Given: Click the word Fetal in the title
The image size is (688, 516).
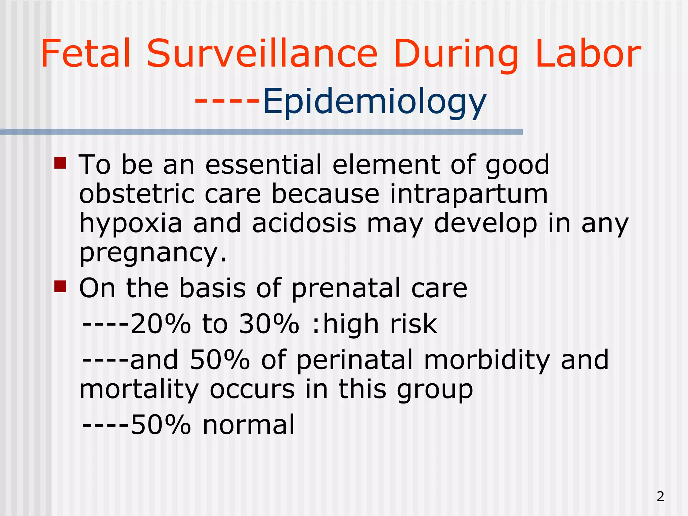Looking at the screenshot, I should click(85, 54).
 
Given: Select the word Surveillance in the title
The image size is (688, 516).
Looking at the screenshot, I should click(262, 54).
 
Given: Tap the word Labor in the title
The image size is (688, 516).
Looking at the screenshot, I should click(588, 54).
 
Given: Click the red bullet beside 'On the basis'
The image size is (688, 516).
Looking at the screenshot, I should click(60, 287).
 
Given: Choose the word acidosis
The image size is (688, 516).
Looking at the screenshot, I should click(304, 223).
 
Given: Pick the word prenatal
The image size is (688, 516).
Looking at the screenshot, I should click(346, 288).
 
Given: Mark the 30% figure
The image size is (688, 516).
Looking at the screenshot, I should click(269, 324).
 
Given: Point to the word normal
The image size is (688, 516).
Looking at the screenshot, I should click(249, 425).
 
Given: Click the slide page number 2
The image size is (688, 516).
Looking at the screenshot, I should click(660, 496).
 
